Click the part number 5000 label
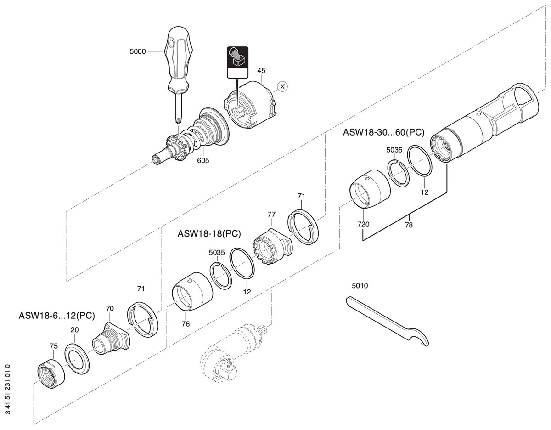pos(138,51)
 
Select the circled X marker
pos(282,86)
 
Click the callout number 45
pos(261,70)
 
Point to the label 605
pos(203,160)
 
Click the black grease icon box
pos(237,62)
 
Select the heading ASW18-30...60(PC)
pos(384,132)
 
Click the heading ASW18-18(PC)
pos(209,233)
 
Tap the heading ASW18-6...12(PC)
pos(57,316)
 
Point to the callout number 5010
pos(360,286)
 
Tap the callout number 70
pos(110,308)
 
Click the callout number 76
pos(186,324)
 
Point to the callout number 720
pos(363,224)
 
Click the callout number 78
pos(409,225)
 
